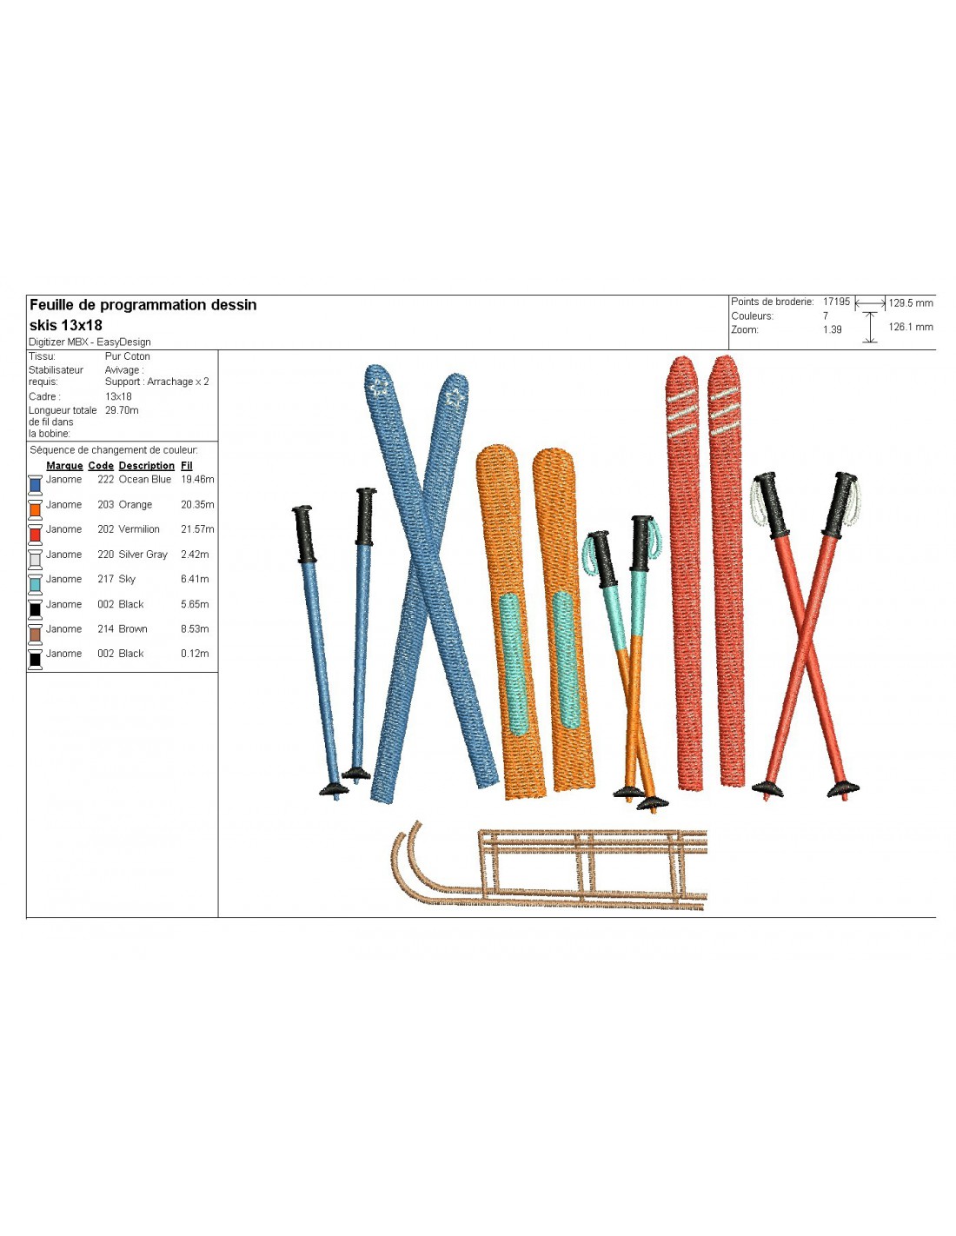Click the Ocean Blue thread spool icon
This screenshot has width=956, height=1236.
click(36, 485)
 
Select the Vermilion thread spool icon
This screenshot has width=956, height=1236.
click(36, 535)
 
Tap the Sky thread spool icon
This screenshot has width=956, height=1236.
click(36, 584)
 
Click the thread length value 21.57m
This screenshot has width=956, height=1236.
click(197, 529)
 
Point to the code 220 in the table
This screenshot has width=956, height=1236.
click(105, 555)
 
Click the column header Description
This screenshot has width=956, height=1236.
click(146, 466)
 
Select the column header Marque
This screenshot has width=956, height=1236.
click(64, 466)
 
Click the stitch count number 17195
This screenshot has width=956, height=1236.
click(836, 302)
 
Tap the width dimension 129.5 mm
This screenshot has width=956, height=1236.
click(910, 303)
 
